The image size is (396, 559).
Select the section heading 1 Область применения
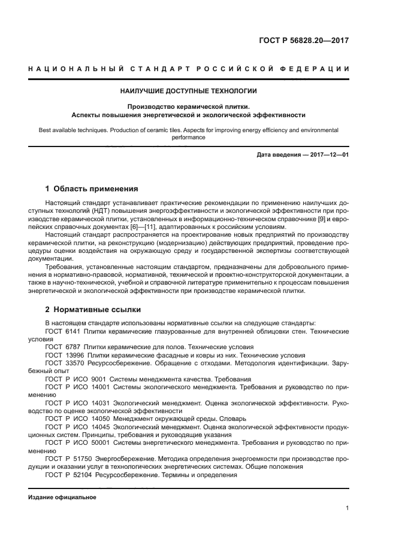pyautogui.click(x=92, y=188)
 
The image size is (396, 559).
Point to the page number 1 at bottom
pyautogui.click(x=347, y=508)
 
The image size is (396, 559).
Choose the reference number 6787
pyautogui.click(x=73, y=347)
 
